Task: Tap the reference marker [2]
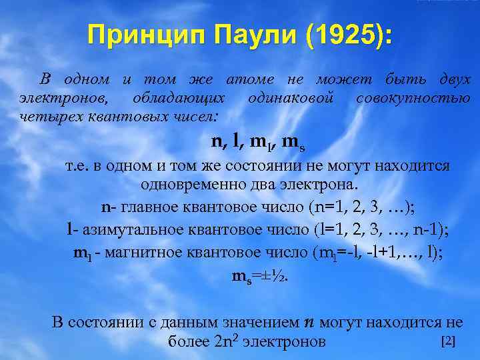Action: (449, 341)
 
